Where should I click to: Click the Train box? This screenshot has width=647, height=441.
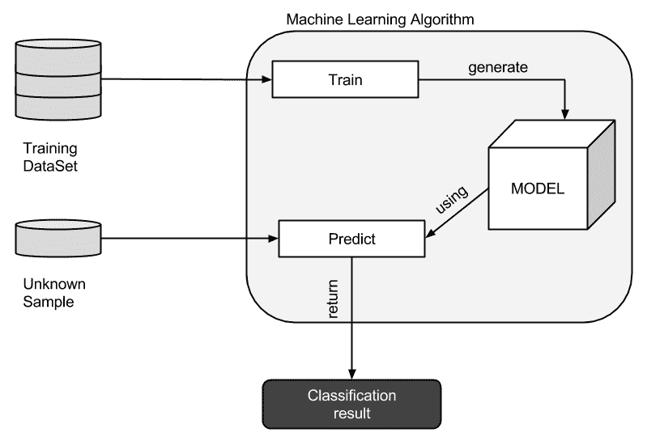[345, 80]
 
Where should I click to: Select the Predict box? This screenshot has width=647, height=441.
[351, 239]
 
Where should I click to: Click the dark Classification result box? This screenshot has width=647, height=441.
[351, 404]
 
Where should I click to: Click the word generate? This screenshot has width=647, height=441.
[497, 67]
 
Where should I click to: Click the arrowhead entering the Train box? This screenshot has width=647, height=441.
[266, 80]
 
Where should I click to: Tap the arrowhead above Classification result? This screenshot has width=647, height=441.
[351, 372]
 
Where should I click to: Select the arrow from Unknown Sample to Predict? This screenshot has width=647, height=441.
[186, 239]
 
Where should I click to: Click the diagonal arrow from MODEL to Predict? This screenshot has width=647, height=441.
[458, 214]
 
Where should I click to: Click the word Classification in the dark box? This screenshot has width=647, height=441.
[351, 396]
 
